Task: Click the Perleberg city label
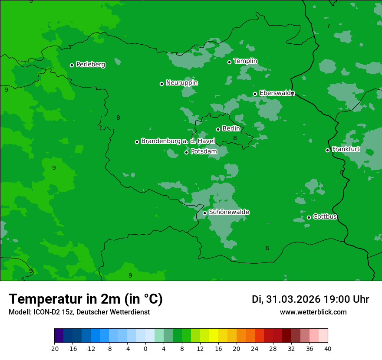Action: (90, 65)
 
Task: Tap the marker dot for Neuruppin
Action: (161, 84)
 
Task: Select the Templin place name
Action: (245, 61)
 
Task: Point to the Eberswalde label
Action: (277, 93)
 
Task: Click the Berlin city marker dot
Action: (218, 129)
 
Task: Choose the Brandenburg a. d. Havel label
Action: (178, 141)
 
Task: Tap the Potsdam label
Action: (204, 151)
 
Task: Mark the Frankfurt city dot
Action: (327, 150)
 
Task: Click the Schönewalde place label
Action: (229, 212)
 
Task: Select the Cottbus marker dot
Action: (309, 217)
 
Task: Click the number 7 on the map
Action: (328, 26)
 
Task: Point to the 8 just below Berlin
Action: (235, 138)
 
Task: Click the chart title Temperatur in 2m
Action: (86, 299)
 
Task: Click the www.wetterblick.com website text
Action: (313, 312)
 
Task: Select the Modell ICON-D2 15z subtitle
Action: (79, 312)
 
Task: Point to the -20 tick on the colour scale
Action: (54, 348)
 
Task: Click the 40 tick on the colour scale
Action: (327, 348)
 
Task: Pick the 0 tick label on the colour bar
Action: (145, 348)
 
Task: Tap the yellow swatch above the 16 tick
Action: (214, 336)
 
